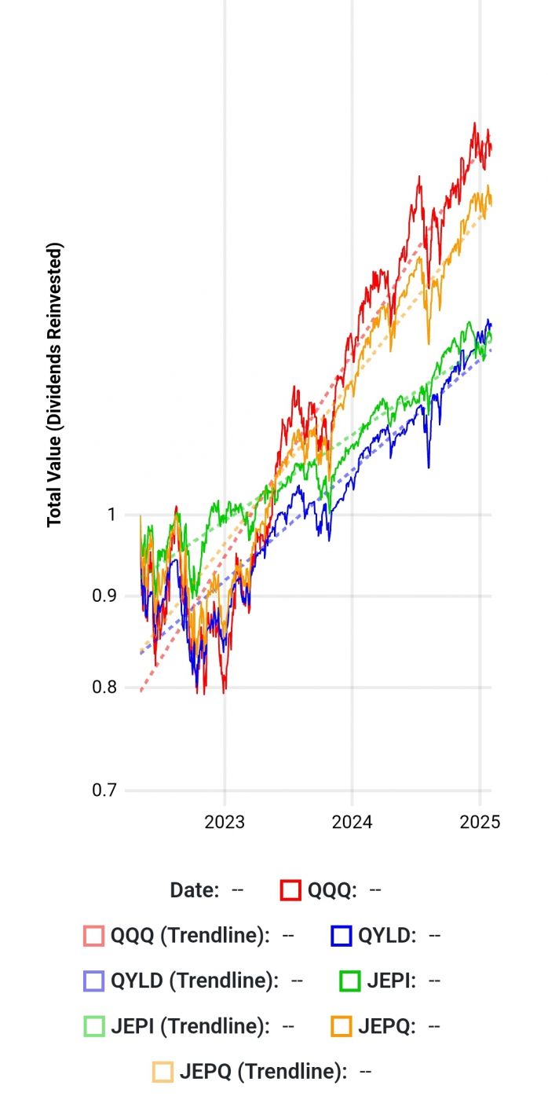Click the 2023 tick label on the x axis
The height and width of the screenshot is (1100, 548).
click(225, 823)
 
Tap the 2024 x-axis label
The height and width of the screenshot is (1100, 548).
click(352, 823)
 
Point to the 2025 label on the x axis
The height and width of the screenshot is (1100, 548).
click(480, 823)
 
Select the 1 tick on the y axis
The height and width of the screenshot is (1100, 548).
click(111, 515)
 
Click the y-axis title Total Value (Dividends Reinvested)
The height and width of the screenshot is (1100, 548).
click(54, 385)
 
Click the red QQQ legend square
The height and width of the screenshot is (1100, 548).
click(290, 890)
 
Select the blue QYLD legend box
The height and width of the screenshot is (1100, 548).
click(341, 936)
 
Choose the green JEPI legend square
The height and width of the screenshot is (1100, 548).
click(350, 981)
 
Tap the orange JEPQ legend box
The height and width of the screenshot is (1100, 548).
click(341, 1026)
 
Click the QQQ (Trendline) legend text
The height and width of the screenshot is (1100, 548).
click(191, 936)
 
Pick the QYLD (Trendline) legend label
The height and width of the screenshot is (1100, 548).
click(195, 981)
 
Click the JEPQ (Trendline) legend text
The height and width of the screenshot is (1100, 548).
click(264, 1071)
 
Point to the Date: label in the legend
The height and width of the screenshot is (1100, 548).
click(195, 890)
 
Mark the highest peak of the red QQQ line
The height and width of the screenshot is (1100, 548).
click(475, 123)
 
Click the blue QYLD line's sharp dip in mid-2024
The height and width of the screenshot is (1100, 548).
click(429, 467)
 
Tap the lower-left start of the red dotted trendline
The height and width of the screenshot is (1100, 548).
click(141, 691)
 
